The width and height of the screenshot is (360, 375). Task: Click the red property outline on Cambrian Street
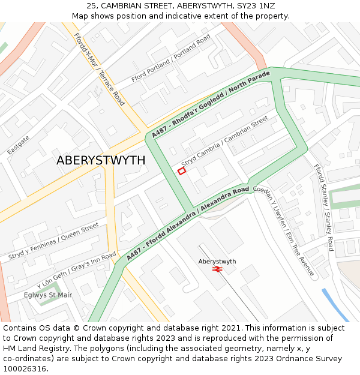tap(182, 171)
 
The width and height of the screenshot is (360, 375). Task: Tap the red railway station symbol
tap(217, 269)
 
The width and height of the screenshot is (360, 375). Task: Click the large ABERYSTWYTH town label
tap(101, 160)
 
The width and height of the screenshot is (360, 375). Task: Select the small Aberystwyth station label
tap(217, 262)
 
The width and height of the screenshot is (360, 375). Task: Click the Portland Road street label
tap(171, 59)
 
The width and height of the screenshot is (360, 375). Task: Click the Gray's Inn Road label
tap(76, 271)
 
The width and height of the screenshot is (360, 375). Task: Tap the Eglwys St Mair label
tap(48, 295)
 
